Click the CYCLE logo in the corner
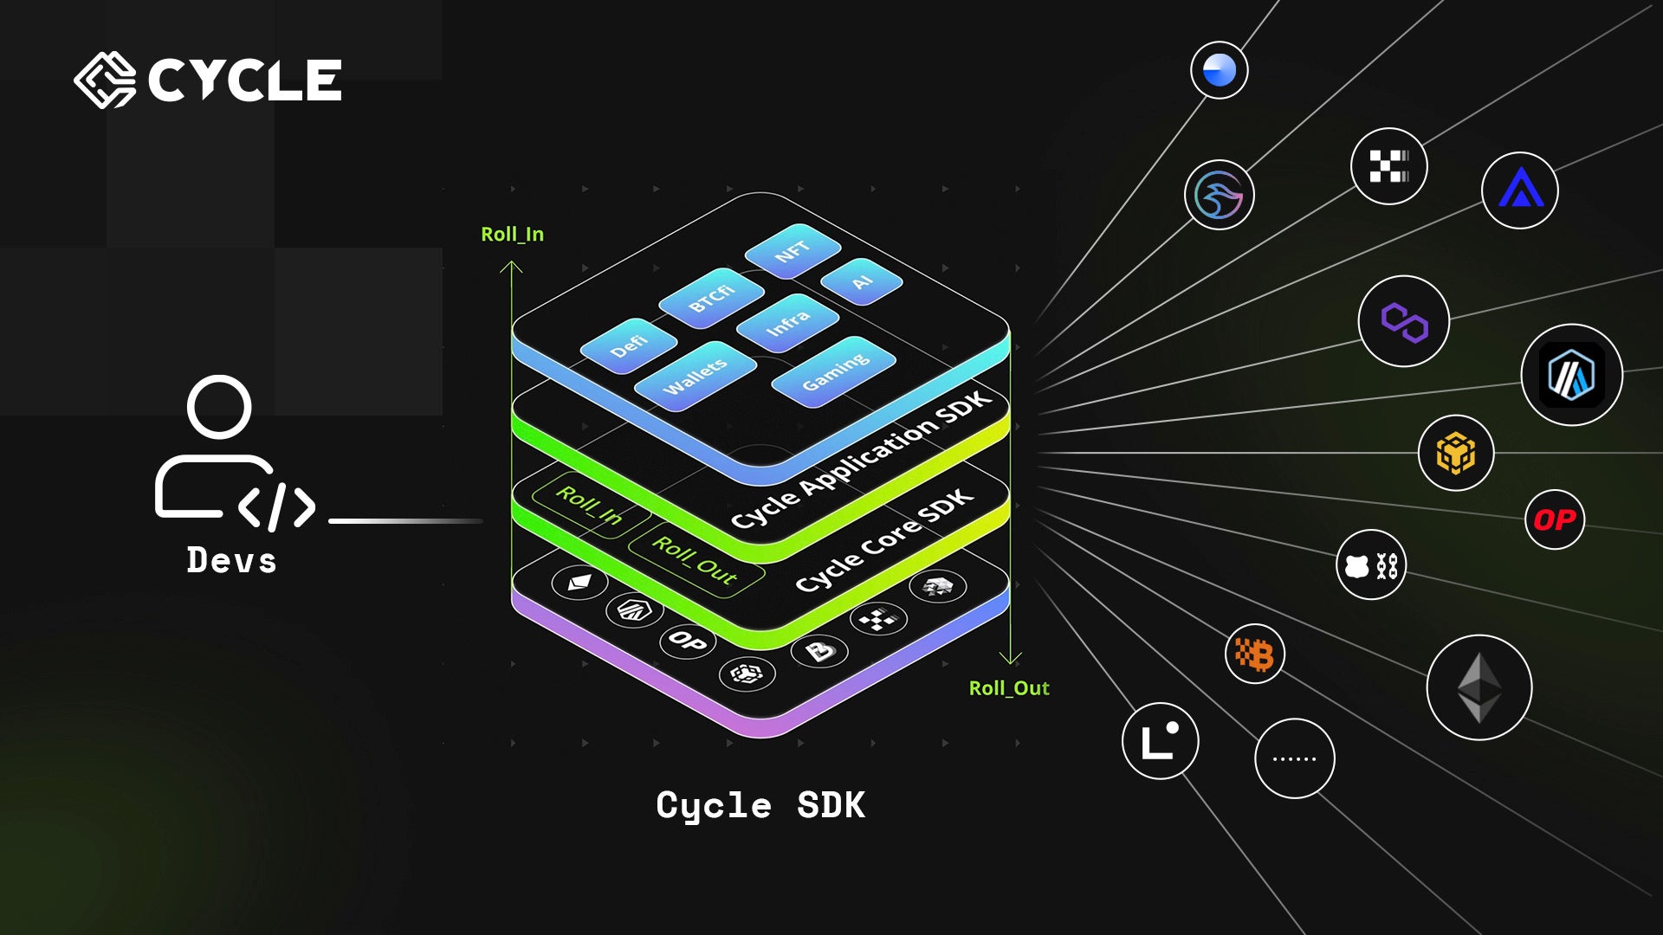(208, 81)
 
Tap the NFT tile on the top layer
(793, 252)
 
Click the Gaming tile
(834, 371)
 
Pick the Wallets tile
(695, 377)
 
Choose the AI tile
(861, 282)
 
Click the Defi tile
(629, 345)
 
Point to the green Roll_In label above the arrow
(512, 235)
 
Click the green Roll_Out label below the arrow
(1009, 688)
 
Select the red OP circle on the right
(1555, 519)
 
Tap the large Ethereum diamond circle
(1479, 687)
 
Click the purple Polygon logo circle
(1403, 321)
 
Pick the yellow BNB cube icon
(1456, 453)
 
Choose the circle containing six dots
(1294, 758)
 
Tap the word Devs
(231, 561)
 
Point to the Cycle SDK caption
(760, 806)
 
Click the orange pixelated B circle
(1254, 654)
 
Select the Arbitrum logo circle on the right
(1571, 375)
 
